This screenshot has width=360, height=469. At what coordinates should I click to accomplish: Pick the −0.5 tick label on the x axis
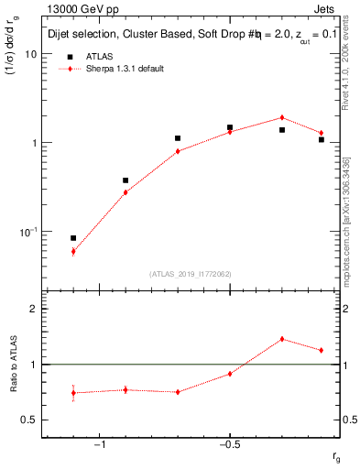[228, 445]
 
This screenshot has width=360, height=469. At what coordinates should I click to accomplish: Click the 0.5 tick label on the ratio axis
[28, 420]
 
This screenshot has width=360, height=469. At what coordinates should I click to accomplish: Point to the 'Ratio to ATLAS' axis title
[13, 365]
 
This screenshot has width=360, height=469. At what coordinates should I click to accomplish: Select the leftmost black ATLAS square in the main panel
[73, 238]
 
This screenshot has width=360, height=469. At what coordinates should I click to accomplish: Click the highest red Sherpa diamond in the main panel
[282, 117]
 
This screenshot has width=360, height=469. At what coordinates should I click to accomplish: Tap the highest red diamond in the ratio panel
[282, 339]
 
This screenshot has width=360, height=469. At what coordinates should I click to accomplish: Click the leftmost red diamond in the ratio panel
[73, 393]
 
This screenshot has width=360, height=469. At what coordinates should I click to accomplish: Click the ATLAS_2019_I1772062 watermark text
[191, 274]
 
